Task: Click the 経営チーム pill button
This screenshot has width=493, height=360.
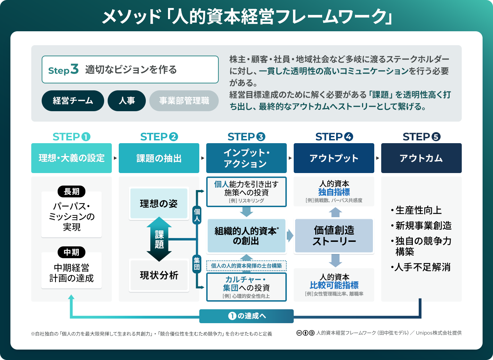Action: point(73,101)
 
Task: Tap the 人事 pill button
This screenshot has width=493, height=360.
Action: point(127,101)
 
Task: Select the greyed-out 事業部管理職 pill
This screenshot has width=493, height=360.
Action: point(184,101)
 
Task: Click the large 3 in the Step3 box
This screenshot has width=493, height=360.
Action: point(74,69)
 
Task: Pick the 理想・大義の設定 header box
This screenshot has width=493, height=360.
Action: point(72,158)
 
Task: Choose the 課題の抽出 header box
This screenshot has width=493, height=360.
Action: point(159,158)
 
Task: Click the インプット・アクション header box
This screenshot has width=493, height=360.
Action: point(246,158)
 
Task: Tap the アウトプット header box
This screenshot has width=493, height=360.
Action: point(334,158)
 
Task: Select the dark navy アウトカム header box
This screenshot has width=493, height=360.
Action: point(421,158)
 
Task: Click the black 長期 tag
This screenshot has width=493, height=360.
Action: point(72,191)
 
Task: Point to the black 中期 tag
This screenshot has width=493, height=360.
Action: point(72,252)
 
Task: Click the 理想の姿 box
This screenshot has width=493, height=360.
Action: point(159,204)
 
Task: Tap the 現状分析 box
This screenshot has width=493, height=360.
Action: point(159,275)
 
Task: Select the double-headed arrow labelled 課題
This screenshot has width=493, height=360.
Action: point(159,239)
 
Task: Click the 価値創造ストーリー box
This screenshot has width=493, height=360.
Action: point(334,236)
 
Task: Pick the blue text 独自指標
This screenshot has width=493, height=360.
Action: point(334,192)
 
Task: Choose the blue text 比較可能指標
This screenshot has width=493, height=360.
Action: point(334,285)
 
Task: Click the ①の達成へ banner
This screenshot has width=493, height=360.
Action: point(246,316)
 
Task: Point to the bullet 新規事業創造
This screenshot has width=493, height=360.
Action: point(423,226)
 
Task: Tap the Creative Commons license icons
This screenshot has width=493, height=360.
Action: point(306,333)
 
